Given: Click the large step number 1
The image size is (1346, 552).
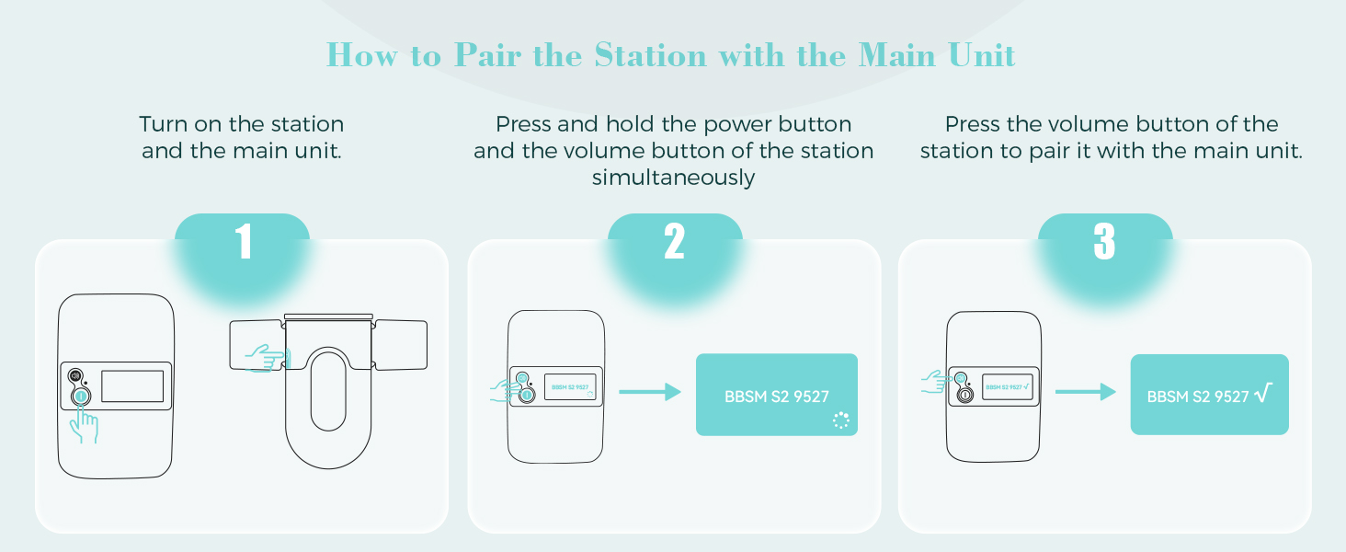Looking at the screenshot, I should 243,242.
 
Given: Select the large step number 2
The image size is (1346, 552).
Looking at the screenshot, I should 675,242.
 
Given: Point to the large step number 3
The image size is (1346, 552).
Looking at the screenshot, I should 1104,242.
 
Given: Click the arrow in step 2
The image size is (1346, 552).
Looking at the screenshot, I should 649,393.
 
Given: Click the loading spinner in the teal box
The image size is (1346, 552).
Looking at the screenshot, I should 840,420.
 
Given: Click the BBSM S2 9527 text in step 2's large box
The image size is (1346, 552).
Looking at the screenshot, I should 777,397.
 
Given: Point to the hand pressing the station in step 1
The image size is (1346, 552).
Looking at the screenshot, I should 85,425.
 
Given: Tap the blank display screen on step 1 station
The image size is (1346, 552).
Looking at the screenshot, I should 132,385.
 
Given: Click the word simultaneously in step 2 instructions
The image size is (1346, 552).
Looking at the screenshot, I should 673,178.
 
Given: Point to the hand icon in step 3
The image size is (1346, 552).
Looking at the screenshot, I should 936,383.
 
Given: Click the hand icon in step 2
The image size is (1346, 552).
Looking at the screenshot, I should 504,389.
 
